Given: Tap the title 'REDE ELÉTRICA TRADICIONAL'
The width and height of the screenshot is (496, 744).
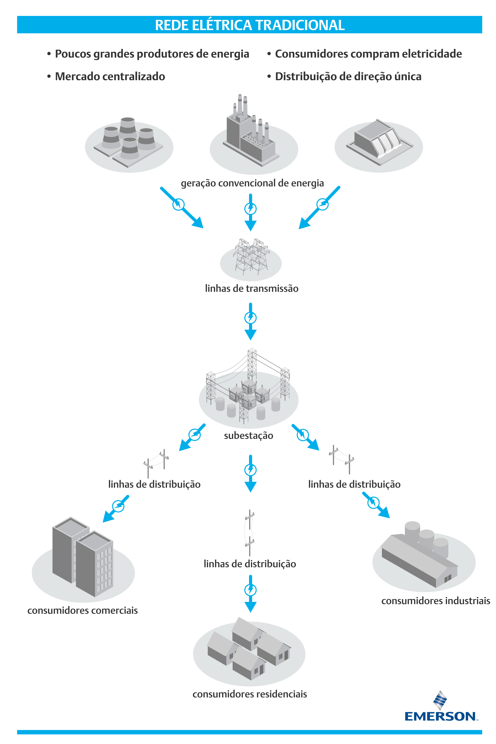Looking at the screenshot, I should (x=250, y=25).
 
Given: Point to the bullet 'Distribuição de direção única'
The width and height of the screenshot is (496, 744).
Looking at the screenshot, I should (x=348, y=76).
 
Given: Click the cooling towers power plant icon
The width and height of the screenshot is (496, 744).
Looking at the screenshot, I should (x=129, y=142).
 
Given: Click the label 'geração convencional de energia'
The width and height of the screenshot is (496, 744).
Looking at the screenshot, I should (x=252, y=183).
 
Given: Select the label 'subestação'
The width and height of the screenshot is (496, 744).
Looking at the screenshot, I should (x=248, y=436).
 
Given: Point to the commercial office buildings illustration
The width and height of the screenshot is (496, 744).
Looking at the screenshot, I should (x=83, y=557).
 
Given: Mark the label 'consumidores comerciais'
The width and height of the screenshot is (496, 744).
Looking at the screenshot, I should (x=82, y=610).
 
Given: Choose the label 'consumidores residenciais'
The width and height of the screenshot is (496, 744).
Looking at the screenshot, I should (x=250, y=694).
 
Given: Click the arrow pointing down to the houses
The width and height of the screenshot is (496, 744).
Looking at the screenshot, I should (x=250, y=593).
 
